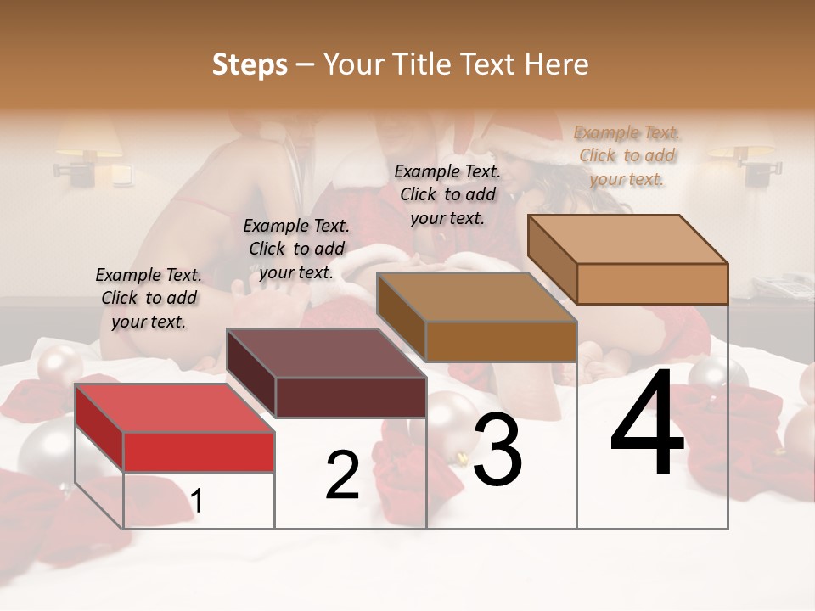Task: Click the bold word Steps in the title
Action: pyautogui.click(x=250, y=64)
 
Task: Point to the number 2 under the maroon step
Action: pyautogui.click(x=342, y=475)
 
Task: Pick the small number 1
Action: pyautogui.click(x=197, y=502)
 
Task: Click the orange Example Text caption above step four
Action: pyautogui.click(x=627, y=155)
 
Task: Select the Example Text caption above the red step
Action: pyautogui.click(x=149, y=298)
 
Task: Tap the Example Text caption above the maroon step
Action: pyautogui.click(x=296, y=249)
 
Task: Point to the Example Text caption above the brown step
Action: pyautogui.click(x=447, y=194)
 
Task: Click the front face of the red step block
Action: pyautogui.click(x=199, y=451)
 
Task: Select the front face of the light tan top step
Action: pyautogui.click(x=652, y=283)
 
